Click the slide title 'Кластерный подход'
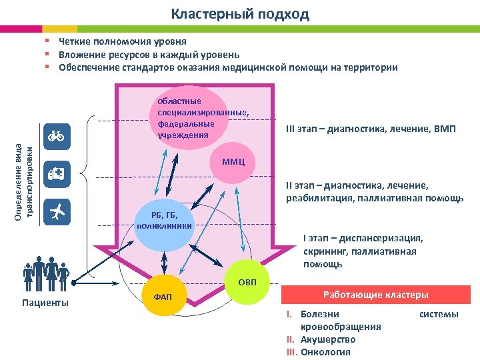point(240,14)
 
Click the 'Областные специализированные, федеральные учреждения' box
point(200,118)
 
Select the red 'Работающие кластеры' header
point(376,295)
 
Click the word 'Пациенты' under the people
point(45,303)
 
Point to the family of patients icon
point(45,274)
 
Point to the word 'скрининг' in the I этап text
point(324,251)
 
